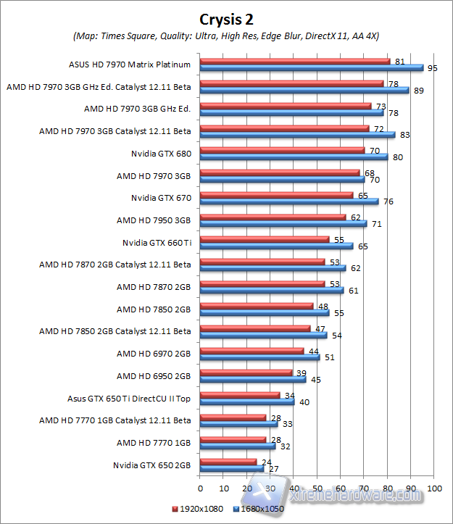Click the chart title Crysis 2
(x=226, y=18)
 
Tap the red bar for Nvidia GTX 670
(x=276, y=195)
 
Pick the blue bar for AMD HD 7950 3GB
(x=283, y=224)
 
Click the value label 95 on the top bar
(x=433, y=68)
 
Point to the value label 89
(x=418, y=91)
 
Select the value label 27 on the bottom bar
(x=273, y=469)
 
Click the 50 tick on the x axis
(x=317, y=488)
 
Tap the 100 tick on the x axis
(x=434, y=488)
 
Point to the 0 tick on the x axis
(x=199, y=488)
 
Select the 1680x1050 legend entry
(x=257, y=510)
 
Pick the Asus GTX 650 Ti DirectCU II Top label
(x=128, y=398)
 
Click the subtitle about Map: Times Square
(x=226, y=36)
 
